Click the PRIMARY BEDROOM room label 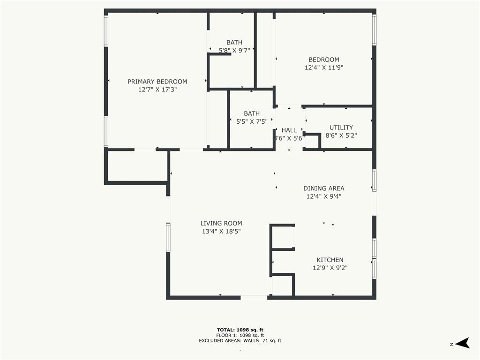coord(157,82)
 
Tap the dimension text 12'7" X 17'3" coord(157,90)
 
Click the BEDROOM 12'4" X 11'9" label coord(324,64)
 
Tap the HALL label coord(289,130)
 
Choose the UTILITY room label coord(341,127)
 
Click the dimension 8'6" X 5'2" coord(341,135)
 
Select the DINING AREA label coord(324,188)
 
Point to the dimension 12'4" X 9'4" coord(324,196)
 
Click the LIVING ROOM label coord(221,224)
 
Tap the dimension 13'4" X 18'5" coord(221,232)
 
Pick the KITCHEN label coord(330,260)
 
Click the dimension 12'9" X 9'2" coord(330,268)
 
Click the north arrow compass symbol coord(463,343)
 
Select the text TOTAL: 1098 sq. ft coord(240,330)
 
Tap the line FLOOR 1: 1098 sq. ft coord(240,335)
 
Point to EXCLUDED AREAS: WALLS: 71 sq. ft coord(240,340)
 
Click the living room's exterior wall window coord(168,238)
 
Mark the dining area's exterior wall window coord(374,180)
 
